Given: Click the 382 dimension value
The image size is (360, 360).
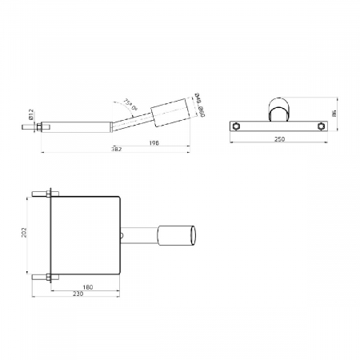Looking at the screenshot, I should coord(116,151).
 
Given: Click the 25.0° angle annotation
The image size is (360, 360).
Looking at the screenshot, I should coord(130,103).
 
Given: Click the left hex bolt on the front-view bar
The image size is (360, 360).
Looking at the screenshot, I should coord(238,126).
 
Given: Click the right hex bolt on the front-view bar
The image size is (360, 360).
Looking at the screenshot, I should coord(322,126).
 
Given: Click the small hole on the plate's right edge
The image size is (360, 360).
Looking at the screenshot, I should coord(120,235).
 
